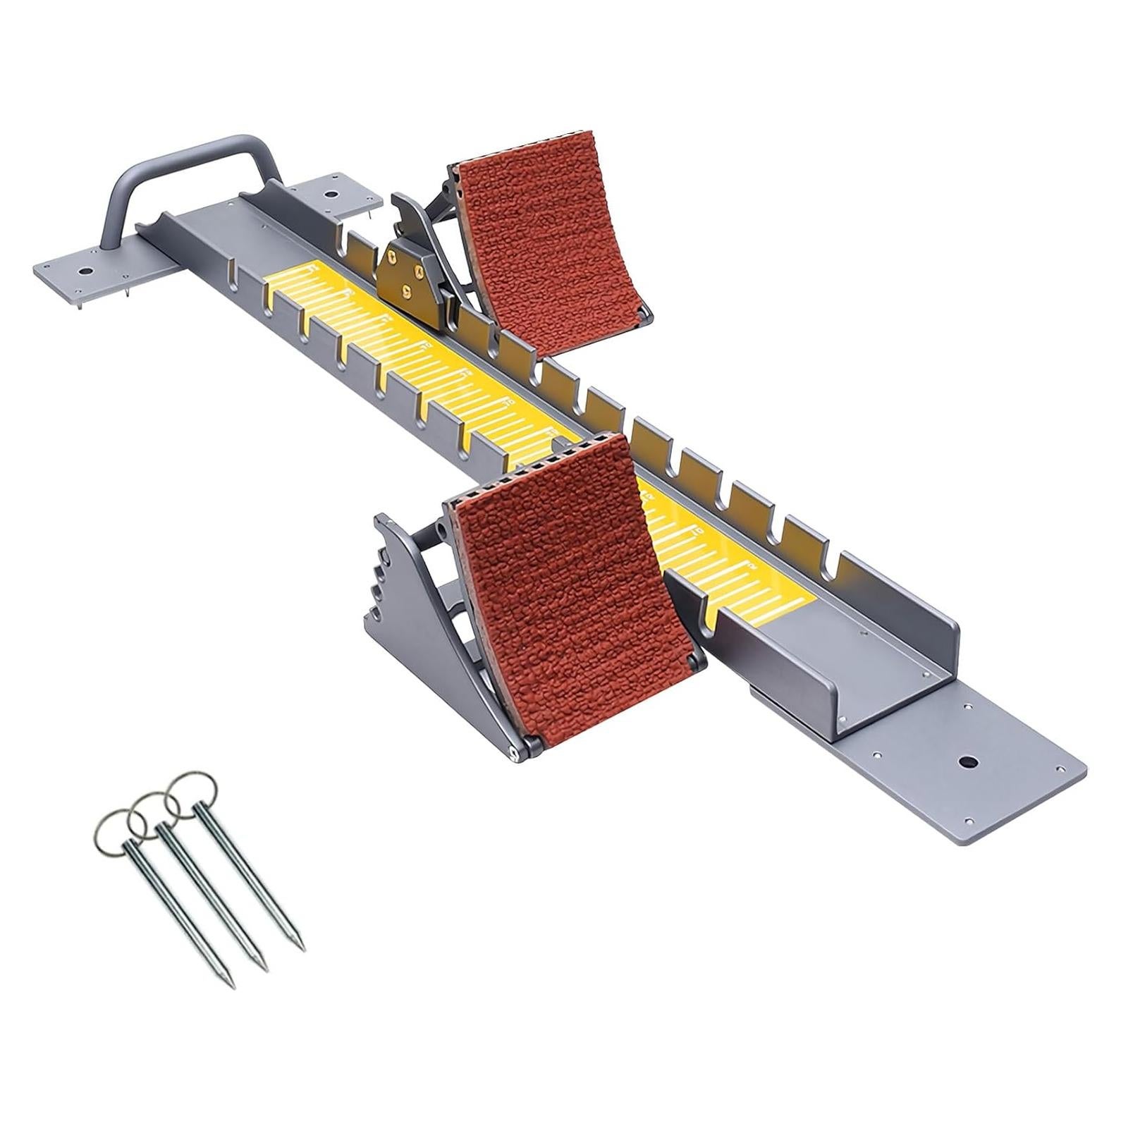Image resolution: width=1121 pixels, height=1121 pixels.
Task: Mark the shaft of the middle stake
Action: [212, 895]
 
